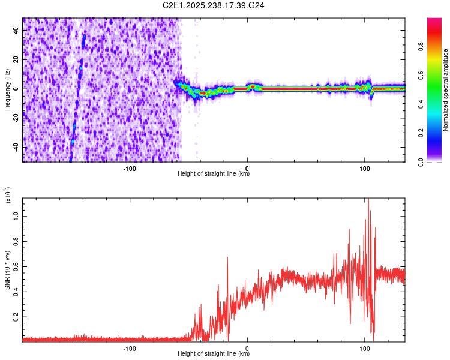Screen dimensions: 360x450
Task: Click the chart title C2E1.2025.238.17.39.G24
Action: pyautogui.click(x=214, y=5)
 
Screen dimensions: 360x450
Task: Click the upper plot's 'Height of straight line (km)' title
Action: pyautogui.click(x=214, y=174)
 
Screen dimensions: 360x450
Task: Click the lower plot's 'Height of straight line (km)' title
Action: pyautogui.click(x=214, y=354)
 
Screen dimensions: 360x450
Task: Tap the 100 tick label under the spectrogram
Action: pyautogui.click(x=365, y=168)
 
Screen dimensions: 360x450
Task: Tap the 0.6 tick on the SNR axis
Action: pyautogui.click(x=16, y=265)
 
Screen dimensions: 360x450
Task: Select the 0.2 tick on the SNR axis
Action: pyautogui.click(x=16, y=316)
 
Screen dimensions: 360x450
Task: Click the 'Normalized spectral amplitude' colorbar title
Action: pyautogui.click(x=445, y=90)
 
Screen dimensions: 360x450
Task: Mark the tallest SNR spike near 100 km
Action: pyautogui.click(x=368, y=200)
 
